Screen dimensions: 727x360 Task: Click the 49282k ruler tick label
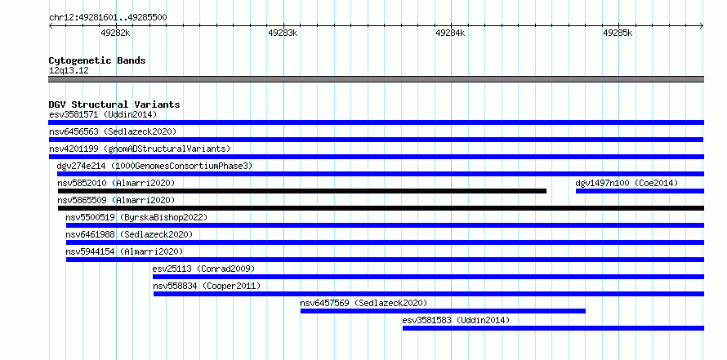(115, 33)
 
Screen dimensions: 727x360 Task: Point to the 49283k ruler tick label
(283, 33)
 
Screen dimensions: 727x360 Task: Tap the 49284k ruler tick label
(450, 33)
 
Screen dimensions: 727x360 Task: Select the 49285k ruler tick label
(618, 33)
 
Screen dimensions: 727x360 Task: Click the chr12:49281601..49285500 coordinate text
(108, 18)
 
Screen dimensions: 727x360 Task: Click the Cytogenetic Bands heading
(97, 60)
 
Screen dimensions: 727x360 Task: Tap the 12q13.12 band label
(69, 71)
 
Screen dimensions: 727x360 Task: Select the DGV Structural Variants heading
(114, 104)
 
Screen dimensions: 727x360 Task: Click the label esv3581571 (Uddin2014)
(103, 114)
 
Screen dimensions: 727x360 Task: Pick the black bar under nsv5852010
(302, 191)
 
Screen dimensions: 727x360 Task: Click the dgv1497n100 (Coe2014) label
(627, 183)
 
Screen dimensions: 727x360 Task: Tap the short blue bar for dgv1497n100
(640, 191)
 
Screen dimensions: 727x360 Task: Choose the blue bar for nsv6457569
(443, 311)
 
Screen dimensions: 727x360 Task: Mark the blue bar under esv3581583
(553, 328)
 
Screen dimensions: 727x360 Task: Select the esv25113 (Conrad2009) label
(203, 269)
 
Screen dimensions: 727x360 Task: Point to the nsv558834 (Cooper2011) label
(207, 286)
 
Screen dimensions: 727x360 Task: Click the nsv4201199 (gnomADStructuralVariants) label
(140, 149)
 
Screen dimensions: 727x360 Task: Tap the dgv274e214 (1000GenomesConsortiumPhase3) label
(154, 166)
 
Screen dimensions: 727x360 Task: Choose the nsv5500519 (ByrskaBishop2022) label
(136, 217)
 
